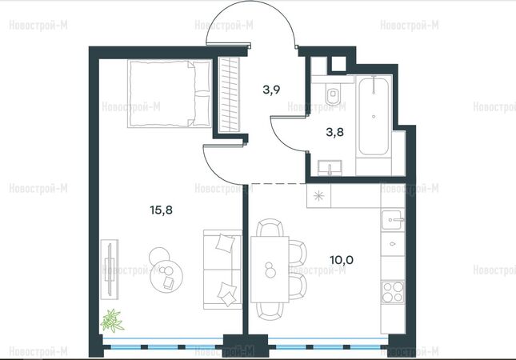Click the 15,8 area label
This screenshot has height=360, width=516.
(162, 210)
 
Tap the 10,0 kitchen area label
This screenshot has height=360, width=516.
(342, 260)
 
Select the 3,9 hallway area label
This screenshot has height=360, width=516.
(271, 90)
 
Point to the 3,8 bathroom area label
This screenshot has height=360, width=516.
(334, 132)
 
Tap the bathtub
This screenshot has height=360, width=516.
(374, 115)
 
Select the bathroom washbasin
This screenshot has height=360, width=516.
(330, 167)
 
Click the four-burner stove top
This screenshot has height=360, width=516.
(393, 292)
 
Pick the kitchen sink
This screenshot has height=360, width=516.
(393, 219)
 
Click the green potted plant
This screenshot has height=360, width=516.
(112, 320)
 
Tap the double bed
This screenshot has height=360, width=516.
(170, 94)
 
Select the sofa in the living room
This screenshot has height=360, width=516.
(222, 270)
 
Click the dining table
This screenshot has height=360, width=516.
(270, 269)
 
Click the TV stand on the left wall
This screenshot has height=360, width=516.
(110, 269)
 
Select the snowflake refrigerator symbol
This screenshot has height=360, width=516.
(318, 196)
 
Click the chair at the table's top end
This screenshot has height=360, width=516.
(270, 228)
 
